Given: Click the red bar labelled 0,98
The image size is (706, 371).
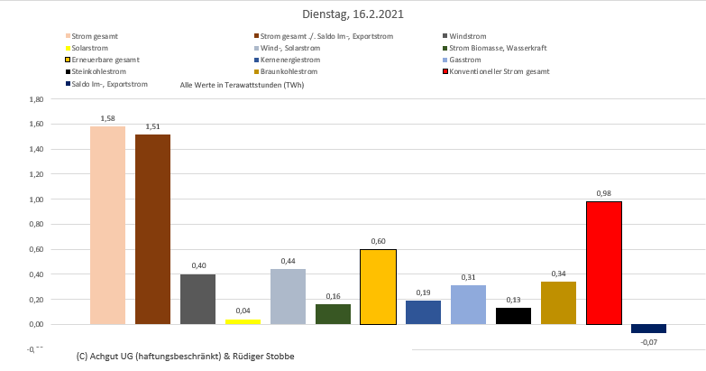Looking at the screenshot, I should tap(603, 263).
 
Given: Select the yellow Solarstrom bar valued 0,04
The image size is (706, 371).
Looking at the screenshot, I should tap(243, 321).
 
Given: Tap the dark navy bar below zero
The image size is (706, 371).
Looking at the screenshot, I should tap(648, 329).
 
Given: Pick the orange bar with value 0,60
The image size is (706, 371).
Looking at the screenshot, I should tap(378, 286).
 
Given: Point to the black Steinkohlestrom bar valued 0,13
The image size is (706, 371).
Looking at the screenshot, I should tap(513, 316).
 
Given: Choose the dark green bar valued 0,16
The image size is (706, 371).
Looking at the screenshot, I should tap(333, 314).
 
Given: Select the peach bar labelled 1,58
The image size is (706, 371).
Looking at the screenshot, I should tap(107, 225).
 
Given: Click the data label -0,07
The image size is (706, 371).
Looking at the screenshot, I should tap(648, 342).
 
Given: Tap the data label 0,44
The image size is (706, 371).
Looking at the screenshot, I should tap(288, 261).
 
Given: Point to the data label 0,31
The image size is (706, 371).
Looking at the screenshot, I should tap(468, 277).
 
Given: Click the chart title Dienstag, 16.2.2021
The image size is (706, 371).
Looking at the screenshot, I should tap(352, 14).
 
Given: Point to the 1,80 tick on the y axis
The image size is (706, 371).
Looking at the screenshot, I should tap(37, 99).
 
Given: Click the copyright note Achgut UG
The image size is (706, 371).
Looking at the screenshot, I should tap(186, 357).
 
